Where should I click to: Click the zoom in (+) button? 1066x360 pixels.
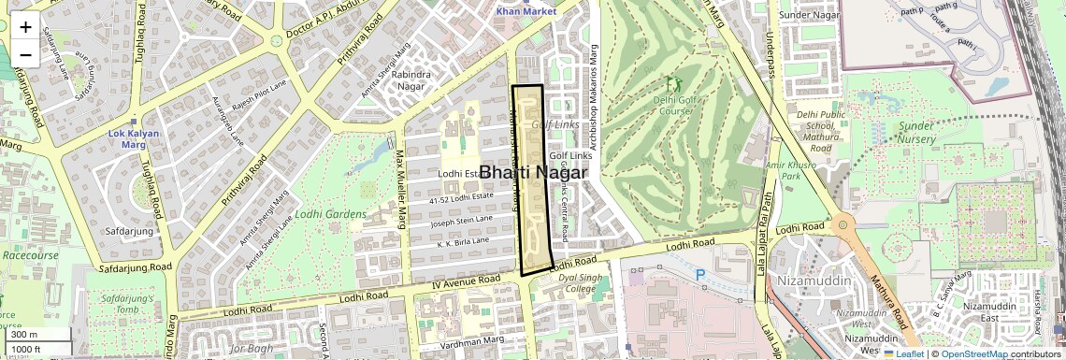(x=25, y=27)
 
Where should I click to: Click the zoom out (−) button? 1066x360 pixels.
(x=25, y=54)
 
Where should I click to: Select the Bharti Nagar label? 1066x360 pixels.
(x=533, y=173)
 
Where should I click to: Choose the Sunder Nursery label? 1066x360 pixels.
(x=916, y=132)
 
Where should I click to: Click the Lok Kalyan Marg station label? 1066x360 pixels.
(x=129, y=139)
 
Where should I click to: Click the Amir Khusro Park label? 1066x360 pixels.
(x=785, y=170)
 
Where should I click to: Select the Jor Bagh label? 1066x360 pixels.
(x=250, y=349)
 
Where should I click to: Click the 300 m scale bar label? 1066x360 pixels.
(x=24, y=335)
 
